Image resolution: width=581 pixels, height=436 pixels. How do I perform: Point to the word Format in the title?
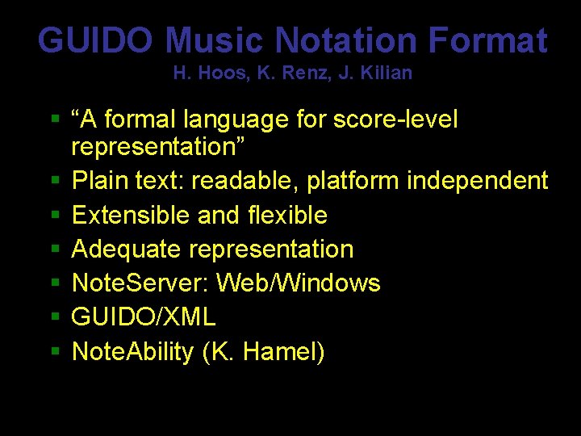tap(487, 40)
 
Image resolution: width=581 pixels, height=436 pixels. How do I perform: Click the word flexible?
tap(286, 216)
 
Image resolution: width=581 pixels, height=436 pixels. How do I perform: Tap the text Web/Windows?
tap(299, 283)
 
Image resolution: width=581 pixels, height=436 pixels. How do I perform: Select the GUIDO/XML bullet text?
tap(144, 317)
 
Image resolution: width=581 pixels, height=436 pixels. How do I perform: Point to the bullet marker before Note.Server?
tap(55, 283)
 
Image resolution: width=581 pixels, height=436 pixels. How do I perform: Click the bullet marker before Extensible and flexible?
tap(55, 216)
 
